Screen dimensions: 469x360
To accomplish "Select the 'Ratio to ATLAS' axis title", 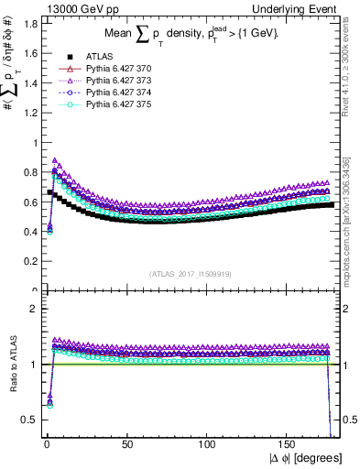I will point(10,364).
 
